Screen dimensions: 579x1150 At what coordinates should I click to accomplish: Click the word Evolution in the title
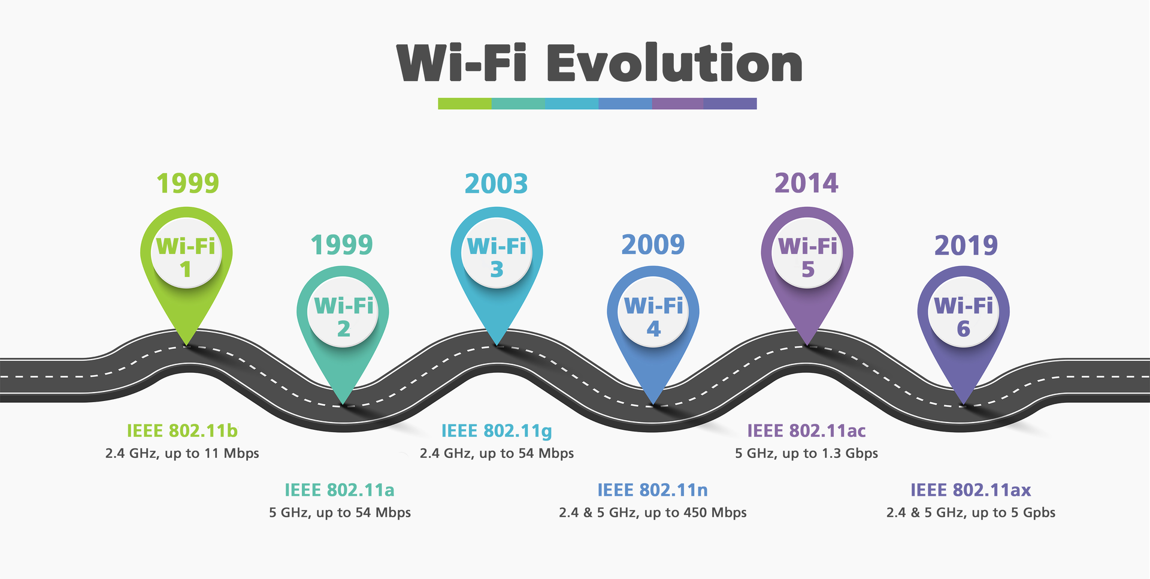coord(674,64)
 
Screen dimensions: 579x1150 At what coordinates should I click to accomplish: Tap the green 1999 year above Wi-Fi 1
coord(187,183)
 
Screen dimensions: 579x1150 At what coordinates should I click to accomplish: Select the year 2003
coord(496,184)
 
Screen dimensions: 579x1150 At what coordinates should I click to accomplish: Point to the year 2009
coord(653,245)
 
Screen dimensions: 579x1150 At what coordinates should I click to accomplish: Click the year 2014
coord(806,183)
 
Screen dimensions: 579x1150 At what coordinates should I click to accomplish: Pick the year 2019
coord(966,245)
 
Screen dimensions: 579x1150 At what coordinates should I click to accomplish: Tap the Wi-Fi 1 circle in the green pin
coord(186,257)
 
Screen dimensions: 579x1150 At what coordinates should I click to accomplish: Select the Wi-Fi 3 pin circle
coord(497,257)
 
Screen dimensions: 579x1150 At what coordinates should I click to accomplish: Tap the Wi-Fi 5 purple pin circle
coord(807,257)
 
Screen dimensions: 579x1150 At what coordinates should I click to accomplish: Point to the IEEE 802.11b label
coord(182,431)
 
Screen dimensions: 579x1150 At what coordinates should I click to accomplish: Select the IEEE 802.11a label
coord(339,490)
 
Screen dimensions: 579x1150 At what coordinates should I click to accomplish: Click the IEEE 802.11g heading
coord(497,431)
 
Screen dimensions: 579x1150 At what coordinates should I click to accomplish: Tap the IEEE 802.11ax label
coord(970,490)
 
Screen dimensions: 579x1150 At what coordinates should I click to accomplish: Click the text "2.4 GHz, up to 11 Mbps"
coord(182,453)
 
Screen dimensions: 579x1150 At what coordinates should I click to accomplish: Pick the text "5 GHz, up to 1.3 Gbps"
coord(806,453)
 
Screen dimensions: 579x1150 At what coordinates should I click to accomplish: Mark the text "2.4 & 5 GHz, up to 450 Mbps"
coord(652,512)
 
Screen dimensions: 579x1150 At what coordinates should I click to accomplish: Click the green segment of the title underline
coord(464,104)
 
